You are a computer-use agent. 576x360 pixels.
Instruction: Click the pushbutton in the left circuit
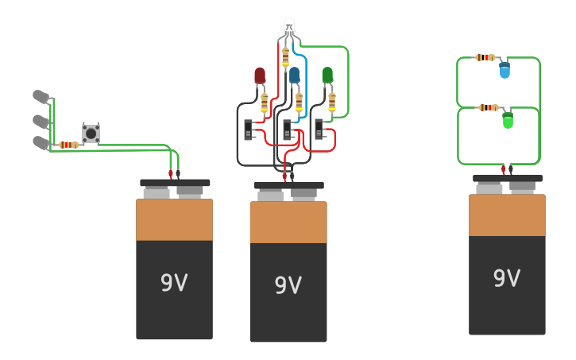[91, 134]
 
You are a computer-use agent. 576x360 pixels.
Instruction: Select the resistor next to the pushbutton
[69, 145]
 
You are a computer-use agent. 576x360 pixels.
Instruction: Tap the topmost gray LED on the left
[40, 96]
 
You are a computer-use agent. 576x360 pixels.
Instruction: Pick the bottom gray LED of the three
[40, 142]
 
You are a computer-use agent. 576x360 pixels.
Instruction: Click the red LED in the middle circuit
[260, 75]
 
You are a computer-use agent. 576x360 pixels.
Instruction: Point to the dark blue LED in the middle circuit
[294, 75]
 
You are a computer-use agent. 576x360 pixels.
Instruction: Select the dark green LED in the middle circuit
[327, 75]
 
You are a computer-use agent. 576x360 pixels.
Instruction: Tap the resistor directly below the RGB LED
[286, 57]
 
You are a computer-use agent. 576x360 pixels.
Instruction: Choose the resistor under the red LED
[265, 103]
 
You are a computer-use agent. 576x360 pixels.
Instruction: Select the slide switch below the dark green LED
[319, 129]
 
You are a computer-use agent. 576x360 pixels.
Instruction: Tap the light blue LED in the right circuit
[504, 71]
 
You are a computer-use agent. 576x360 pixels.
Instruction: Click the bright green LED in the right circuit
[508, 121]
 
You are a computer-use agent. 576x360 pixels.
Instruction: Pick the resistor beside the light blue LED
[485, 57]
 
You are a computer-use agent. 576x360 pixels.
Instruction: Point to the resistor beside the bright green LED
[489, 107]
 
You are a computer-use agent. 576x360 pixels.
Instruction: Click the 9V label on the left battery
[174, 282]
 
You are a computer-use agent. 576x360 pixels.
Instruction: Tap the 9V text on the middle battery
[288, 285]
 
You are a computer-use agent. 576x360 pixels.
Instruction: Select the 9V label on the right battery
[507, 278]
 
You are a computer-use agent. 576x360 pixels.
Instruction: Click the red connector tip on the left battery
[170, 173]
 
